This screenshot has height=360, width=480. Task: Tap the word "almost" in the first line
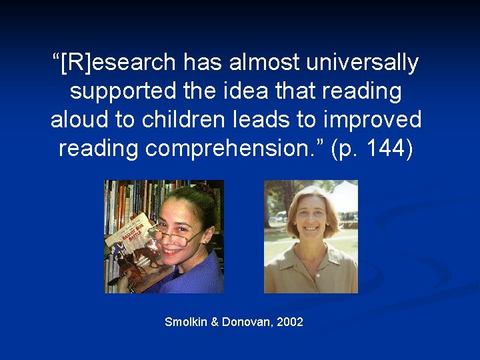click(263, 63)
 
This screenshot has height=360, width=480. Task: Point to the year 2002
click(289, 322)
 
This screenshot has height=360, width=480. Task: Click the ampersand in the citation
click(215, 322)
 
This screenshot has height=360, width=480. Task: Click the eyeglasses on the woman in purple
click(175, 233)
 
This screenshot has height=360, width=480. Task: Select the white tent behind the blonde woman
click(344, 197)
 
